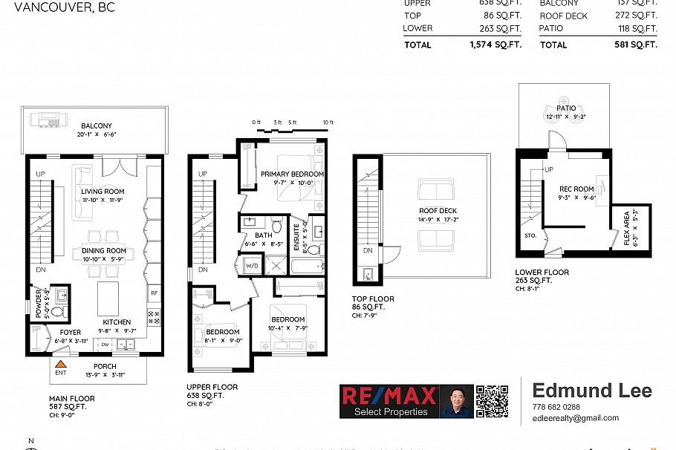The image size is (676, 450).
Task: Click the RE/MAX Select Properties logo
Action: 389,402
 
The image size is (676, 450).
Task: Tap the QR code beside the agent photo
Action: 492,402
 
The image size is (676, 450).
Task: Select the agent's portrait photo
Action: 456,402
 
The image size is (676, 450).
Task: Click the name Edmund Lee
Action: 592,391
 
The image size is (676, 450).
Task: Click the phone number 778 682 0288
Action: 556,407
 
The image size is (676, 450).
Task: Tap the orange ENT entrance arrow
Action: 61,364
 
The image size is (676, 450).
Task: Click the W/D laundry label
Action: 252,265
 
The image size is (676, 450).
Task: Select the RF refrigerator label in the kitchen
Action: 154,293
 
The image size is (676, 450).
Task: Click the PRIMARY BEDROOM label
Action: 292,174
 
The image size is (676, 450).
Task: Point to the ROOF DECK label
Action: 437,211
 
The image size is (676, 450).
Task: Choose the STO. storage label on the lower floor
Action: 530,236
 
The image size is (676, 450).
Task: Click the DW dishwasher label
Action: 105,344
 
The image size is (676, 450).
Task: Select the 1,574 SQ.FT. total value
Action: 495,45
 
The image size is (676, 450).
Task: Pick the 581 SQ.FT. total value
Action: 637,45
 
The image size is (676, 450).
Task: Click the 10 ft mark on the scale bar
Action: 328,122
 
